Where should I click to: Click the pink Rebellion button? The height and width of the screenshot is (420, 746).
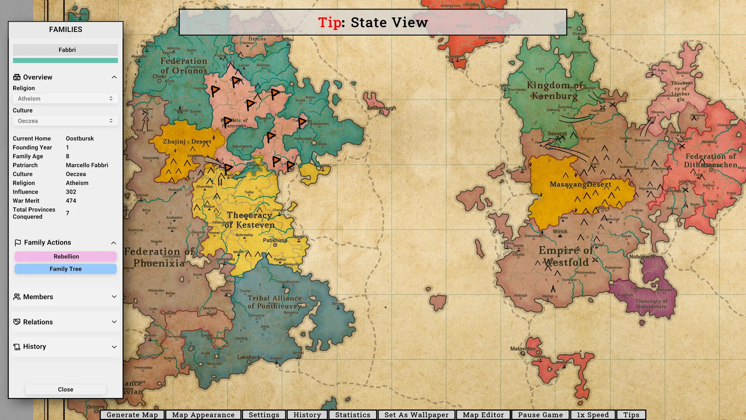(66, 256)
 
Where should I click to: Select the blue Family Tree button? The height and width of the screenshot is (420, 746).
(66, 269)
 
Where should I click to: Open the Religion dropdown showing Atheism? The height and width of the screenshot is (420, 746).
(65, 99)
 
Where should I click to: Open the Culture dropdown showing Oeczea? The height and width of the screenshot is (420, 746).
(65, 121)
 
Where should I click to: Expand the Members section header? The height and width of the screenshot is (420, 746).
(65, 297)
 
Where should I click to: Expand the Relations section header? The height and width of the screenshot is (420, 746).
(65, 322)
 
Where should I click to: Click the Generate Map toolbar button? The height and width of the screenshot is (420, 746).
(132, 415)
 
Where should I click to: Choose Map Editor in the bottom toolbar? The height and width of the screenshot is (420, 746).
(483, 415)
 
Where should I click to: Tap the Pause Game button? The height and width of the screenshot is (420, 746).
(540, 415)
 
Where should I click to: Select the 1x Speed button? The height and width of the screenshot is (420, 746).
(593, 415)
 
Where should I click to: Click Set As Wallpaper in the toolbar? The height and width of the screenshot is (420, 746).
(416, 415)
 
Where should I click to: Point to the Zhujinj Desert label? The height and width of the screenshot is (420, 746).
(187, 142)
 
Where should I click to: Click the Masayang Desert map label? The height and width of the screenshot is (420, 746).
(580, 184)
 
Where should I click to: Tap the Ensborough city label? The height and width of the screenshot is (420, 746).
(382, 108)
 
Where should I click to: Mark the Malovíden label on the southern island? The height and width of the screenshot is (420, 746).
(523, 349)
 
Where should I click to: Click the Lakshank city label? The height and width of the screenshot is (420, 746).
(249, 357)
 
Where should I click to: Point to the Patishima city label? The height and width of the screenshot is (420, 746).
(275, 240)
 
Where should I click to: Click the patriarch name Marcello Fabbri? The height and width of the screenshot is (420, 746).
(87, 165)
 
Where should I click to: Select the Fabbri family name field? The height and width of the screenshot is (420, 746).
(65, 50)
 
